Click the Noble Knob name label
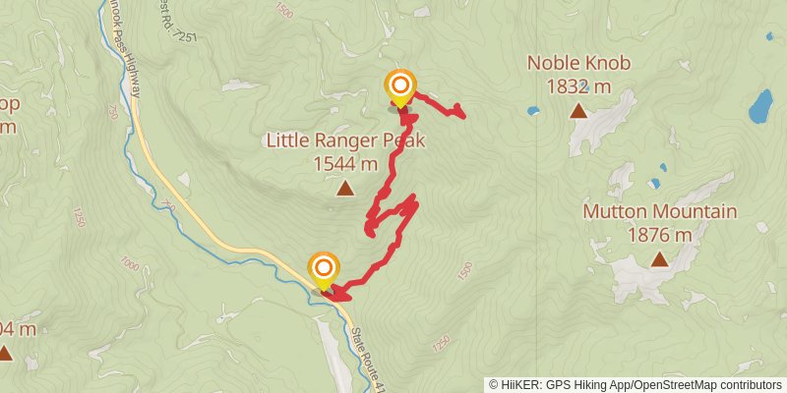pyautogui.click(x=578, y=63)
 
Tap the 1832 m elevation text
pyautogui.click(x=578, y=86)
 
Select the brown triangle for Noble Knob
pyautogui.click(x=578, y=111)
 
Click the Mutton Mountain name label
pyautogui.click(x=659, y=211)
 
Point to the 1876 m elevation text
pyautogui.click(x=659, y=235)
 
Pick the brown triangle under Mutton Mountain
pyautogui.click(x=659, y=260)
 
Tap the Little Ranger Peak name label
pyautogui.click(x=345, y=140)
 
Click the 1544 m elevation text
pyautogui.click(x=345, y=164)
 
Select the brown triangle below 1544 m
pyautogui.click(x=345, y=188)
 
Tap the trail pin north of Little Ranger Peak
pyautogui.click(x=399, y=87)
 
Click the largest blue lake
pyautogui.click(x=760, y=105)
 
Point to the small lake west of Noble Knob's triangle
pyautogui.click(x=532, y=111)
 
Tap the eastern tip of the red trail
pyautogui.click(x=463, y=116)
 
